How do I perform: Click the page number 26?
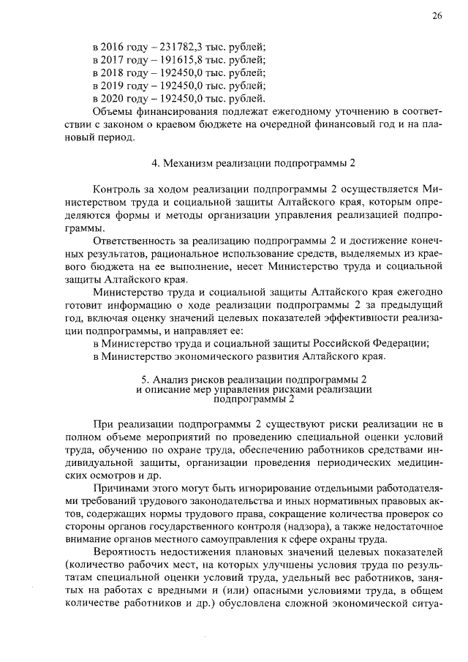click(436, 16)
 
